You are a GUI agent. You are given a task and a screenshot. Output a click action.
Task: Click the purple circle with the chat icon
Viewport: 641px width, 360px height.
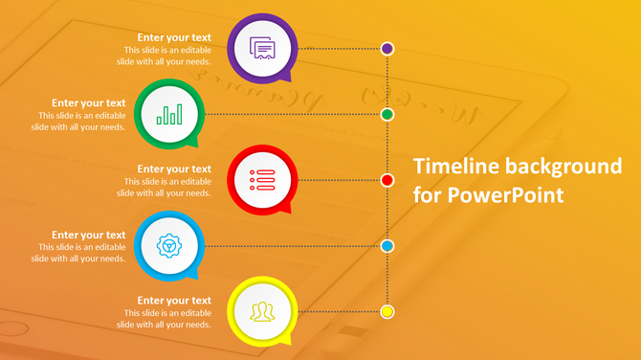[x=263, y=47]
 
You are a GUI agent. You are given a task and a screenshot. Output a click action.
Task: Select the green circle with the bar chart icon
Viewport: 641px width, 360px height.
[x=169, y=114]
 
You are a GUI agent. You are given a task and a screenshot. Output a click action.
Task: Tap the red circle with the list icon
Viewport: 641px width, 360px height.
[x=262, y=179]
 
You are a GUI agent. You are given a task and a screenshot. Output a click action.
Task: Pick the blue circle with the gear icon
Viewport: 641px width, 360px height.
[x=169, y=246]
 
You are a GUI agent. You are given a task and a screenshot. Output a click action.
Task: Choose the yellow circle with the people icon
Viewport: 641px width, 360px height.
[x=262, y=311]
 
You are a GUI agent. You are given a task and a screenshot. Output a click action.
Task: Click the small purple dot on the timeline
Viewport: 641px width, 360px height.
[x=387, y=48]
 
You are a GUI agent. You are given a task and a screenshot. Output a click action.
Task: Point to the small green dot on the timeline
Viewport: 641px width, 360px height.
[x=387, y=114]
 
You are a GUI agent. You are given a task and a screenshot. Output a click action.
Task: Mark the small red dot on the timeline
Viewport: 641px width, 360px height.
[x=387, y=180]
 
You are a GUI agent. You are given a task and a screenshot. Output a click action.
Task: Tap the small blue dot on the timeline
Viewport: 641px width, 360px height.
[x=387, y=246]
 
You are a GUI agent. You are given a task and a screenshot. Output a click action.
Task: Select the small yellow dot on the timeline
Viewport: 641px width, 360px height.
[x=387, y=311]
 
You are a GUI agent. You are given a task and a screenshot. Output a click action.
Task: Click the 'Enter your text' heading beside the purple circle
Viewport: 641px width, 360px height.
[x=174, y=38]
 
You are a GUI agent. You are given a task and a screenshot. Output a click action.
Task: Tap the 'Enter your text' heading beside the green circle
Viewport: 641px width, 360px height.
[x=88, y=103]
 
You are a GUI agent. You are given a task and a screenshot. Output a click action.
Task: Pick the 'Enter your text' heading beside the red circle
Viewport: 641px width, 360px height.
[x=174, y=169]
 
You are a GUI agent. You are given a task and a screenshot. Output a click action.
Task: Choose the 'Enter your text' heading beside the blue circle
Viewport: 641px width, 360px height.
[x=88, y=235]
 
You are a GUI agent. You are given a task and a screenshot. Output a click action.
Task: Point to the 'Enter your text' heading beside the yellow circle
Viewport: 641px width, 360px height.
[x=174, y=301]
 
